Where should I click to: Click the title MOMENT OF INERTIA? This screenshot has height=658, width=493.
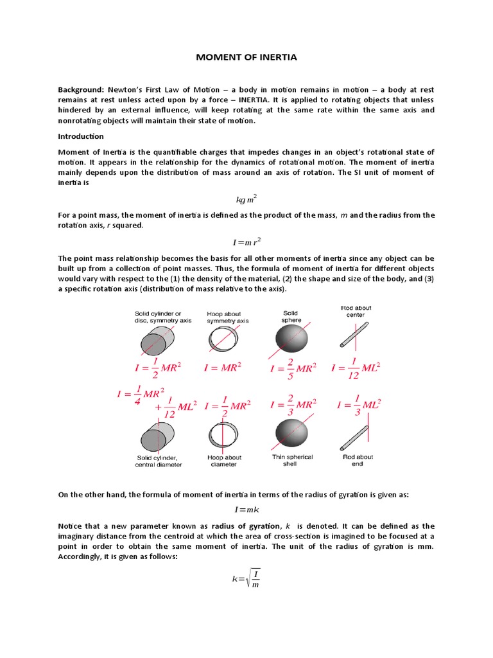[246, 58]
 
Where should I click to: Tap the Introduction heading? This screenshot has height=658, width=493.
[81, 136]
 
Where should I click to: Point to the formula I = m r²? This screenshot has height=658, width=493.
[246, 243]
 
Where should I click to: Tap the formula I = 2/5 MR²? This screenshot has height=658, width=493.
[293, 369]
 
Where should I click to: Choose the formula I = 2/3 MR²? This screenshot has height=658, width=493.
[293, 405]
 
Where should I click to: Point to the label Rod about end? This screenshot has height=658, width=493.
[357, 460]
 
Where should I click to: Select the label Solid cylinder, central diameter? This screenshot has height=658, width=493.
[158, 461]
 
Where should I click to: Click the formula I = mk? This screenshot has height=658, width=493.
[246, 510]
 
